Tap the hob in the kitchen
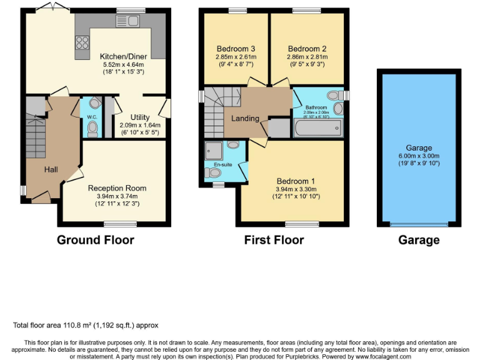coord(82,43)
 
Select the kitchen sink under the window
coord(122,22)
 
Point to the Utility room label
coord(139,117)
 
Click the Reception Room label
coord(117,187)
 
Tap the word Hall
coord(51,169)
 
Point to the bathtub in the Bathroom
coord(318,129)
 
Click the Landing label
coord(245,119)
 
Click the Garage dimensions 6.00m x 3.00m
coord(419,156)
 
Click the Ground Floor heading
coord(96,240)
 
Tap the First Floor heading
coord(274,240)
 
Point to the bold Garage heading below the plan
coord(419,240)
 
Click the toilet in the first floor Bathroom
coord(336,95)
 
